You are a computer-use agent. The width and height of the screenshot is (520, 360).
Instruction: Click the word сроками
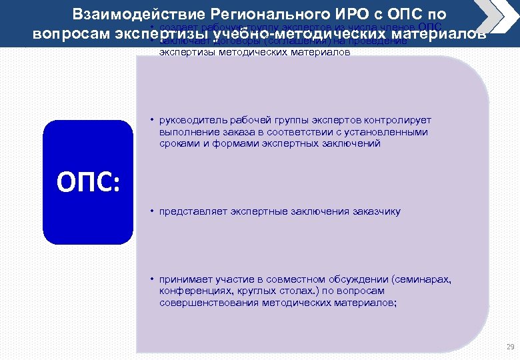[179, 143]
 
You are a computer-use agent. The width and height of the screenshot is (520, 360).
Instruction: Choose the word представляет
[193, 212]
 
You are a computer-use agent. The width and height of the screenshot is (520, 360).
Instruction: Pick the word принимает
[185, 279]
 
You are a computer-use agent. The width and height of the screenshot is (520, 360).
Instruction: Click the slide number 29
[510, 347]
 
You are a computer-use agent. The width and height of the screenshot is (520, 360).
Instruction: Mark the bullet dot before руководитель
[152, 121]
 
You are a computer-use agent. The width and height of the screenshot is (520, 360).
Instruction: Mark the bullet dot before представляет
[152, 212]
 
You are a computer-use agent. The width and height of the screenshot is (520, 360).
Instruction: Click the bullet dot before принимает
[152, 279]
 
